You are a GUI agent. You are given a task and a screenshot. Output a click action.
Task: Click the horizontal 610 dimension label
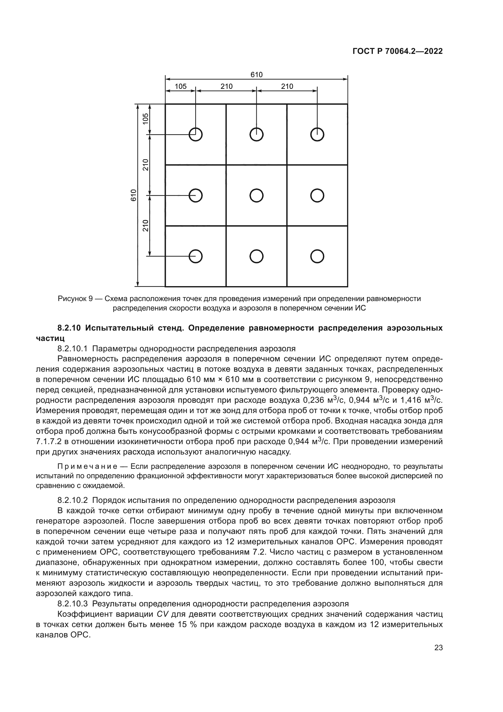tap(256, 75)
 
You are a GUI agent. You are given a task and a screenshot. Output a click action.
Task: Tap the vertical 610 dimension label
tap(134, 195)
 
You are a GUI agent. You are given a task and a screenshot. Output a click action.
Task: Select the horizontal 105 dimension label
tap(181, 86)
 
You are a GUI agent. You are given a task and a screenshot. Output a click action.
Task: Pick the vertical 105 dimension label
tap(145, 119)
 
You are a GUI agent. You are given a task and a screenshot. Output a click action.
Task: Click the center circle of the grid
tap(256, 195)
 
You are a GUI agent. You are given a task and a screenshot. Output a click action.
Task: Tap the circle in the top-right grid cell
tap(317, 135)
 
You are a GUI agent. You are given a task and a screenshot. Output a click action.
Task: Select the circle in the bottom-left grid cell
tap(196, 256)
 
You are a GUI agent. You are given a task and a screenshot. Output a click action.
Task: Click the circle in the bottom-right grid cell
tap(317, 256)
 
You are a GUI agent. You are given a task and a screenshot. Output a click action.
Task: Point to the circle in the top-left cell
tap(196, 135)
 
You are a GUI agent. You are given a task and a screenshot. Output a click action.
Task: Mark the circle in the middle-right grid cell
tap(317, 195)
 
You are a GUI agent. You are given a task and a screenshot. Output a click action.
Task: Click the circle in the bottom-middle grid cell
tap(256, 256)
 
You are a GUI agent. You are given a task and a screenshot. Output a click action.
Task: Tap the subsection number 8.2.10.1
tap(73, 349)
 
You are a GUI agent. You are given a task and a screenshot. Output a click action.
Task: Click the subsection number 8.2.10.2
tap(73, 500)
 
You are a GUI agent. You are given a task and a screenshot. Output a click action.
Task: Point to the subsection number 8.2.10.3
tap(73, 604)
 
